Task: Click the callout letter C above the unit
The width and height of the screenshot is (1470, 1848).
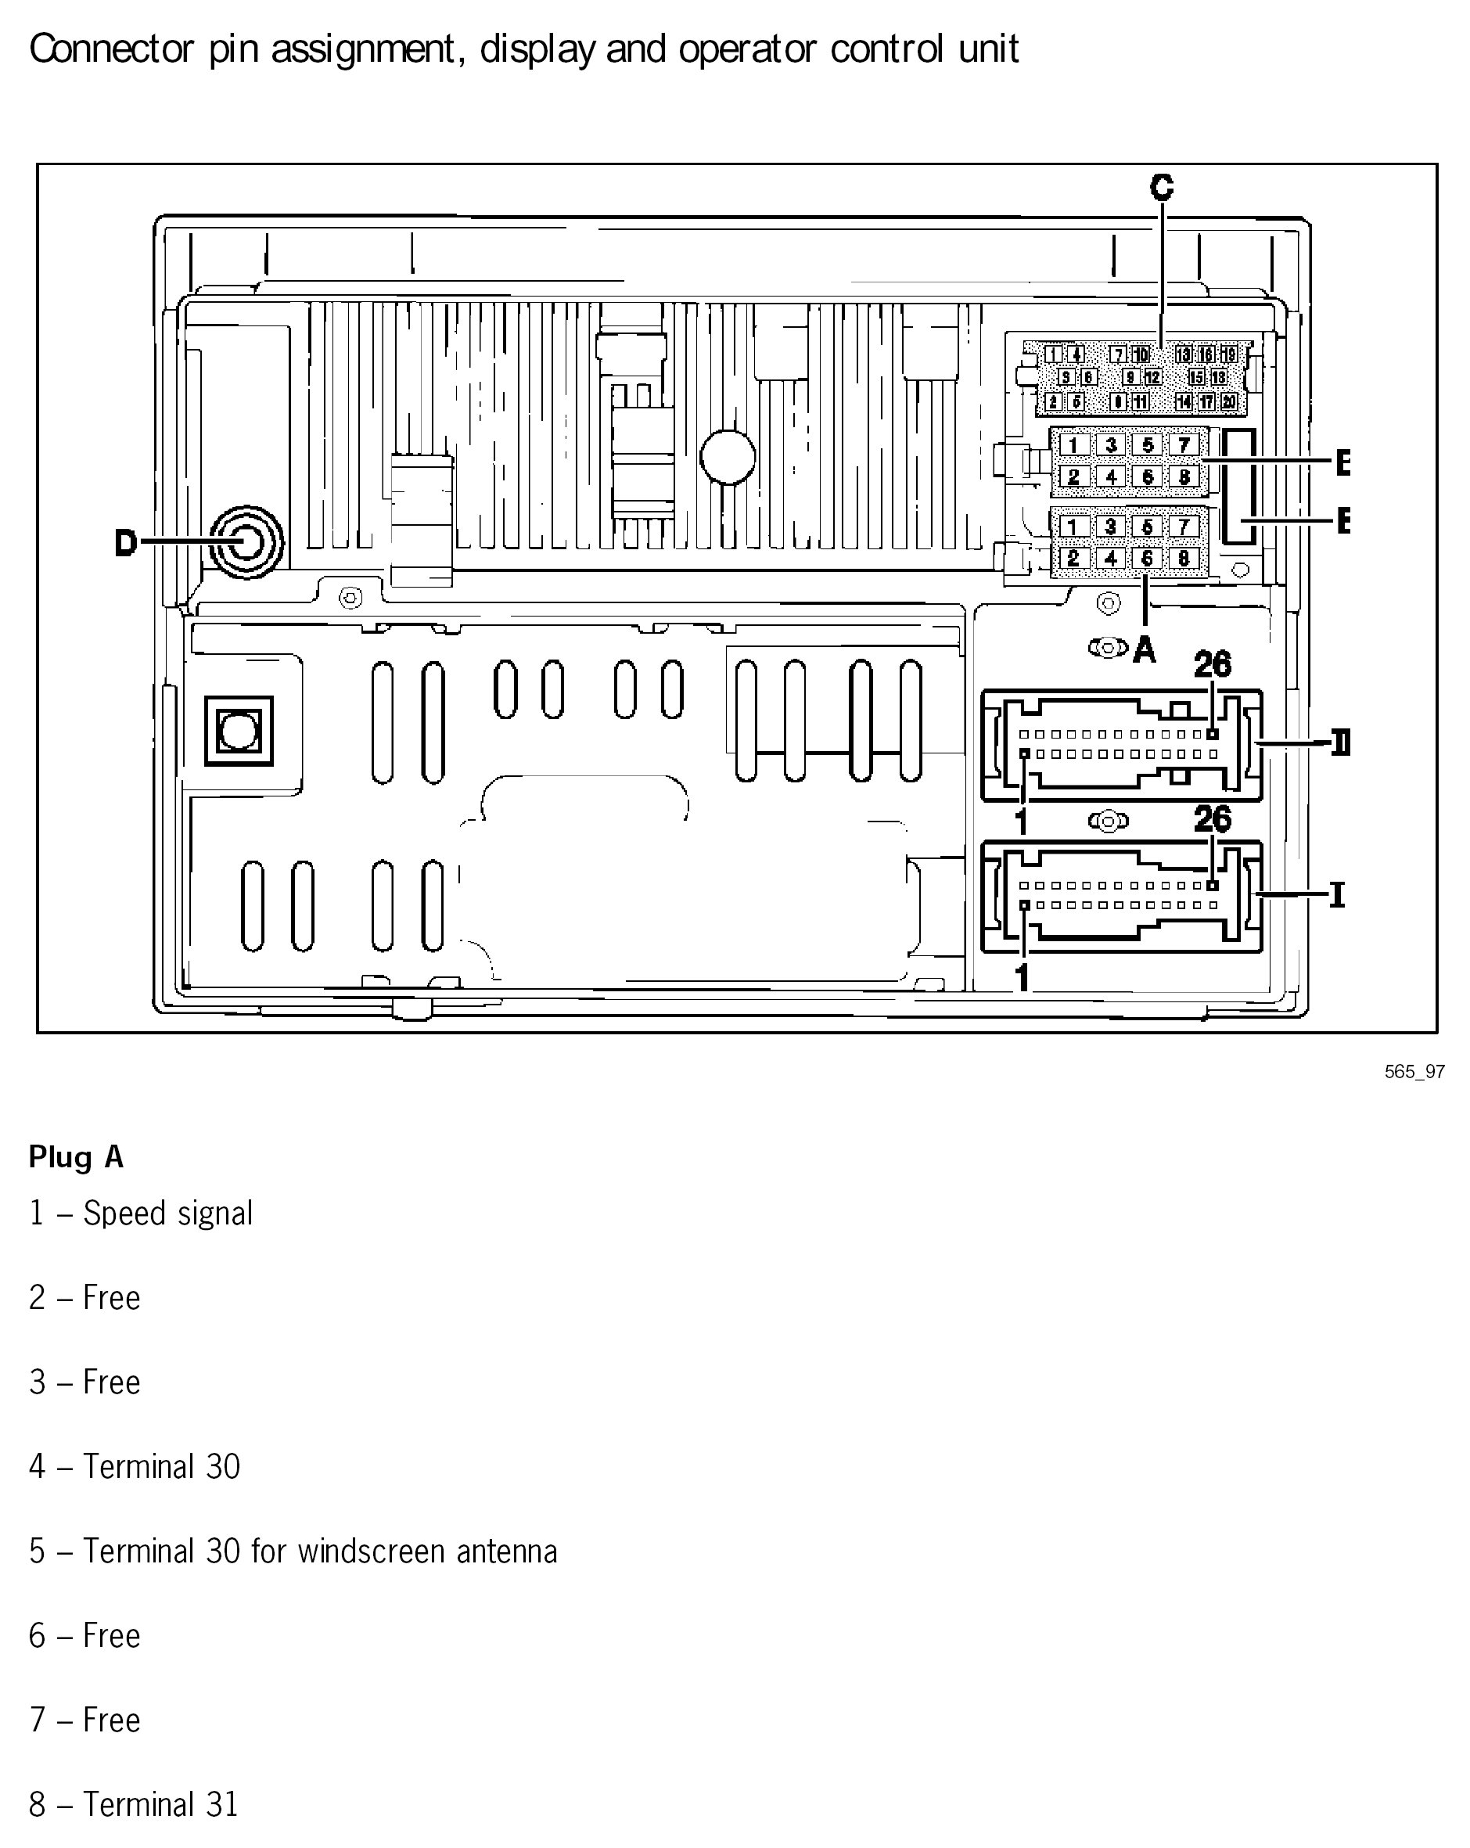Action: [x=1162, y=187]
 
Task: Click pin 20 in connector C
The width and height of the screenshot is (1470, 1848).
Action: [x=1228, y=401]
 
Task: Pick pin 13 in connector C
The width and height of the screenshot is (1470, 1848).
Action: [x=1183, y=354]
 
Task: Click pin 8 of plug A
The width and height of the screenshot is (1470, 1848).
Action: [x=1184, y=559]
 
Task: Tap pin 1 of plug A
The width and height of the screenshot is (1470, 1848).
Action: [x=1073, y=527]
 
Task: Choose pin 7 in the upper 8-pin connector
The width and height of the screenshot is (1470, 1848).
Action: [x=1184, y=445]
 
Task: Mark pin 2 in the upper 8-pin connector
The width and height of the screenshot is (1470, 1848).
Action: [x=1073, y=476]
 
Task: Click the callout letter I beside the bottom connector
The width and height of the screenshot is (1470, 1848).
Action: [x=1336, y=896]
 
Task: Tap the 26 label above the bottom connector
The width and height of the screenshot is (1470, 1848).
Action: [x=1212, y=819]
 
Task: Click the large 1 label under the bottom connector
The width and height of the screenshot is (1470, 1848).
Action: [x=1022, y=977]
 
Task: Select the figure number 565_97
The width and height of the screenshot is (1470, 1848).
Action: [x=1414, y=1071]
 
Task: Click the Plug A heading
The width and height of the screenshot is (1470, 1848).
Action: [x=77, y=1157]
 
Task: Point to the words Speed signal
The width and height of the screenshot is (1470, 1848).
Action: [x=168, y=1213]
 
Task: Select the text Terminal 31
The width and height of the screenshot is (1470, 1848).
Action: [x=161, y=1804]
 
